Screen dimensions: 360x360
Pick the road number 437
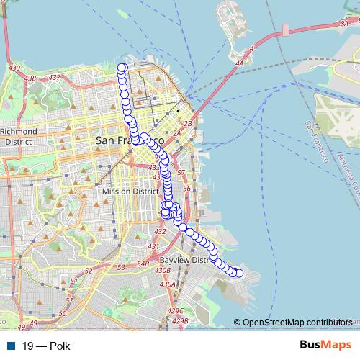[54, 77]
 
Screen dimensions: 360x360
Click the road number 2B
[189, 124]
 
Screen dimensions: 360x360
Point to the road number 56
[186, 189]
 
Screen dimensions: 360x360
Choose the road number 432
[160, 232]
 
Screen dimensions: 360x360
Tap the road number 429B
[180, 320]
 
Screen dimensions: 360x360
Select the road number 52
[89, 271]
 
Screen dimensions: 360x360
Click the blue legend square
[10, 346]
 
